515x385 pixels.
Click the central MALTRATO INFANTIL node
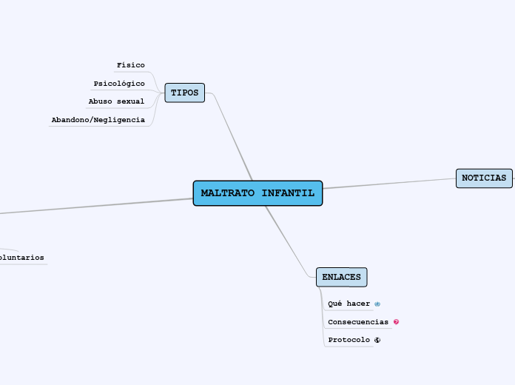(257, 193)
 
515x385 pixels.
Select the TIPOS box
(184, 93)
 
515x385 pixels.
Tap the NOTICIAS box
(484, 178)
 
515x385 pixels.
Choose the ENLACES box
(341, 277)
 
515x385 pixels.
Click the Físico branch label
(131, 65)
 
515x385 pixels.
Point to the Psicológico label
(119, 84)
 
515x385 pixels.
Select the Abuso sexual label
(116, 101)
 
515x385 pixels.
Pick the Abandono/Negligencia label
(98, 120)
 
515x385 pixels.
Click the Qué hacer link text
(349, 304)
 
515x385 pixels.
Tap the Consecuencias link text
(358, 322)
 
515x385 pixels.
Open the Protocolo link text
(349, 340)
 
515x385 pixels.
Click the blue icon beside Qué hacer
(377, 304)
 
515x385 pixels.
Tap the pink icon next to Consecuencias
(397, 322)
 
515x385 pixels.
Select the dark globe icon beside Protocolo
(377, 341)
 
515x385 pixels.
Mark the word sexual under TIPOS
(130, 101)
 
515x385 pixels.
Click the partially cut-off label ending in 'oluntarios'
(21, 258)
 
